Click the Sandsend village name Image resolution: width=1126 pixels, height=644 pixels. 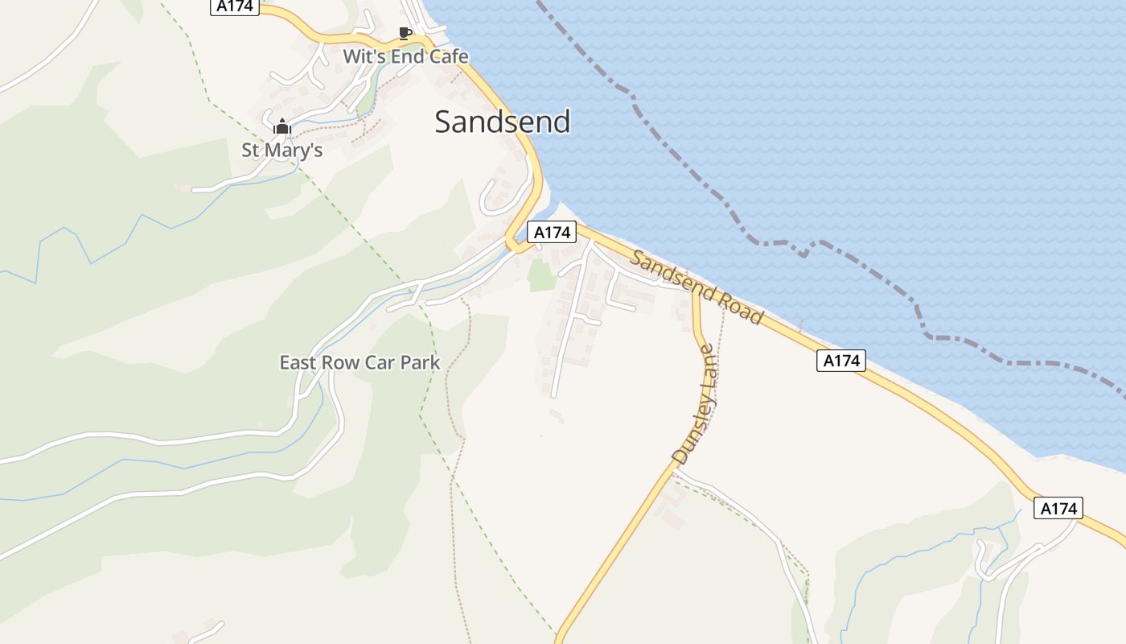[x=502, y=122]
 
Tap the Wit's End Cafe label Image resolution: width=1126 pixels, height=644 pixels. [x=405, y=56]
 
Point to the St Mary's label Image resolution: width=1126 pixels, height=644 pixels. [x=282, y=150]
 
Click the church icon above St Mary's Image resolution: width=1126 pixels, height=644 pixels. [x=282, y=126]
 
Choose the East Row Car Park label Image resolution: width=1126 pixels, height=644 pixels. [x=360, y=362]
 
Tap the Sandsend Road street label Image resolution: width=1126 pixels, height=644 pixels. [x=697, y=287]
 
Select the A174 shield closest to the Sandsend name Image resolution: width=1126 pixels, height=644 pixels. [x=552, y=233]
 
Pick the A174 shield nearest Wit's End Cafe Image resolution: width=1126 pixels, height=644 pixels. [x=235, y=7]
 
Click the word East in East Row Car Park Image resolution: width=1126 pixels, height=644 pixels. [x=298, y=362]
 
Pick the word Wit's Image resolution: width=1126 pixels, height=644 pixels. [x=360, y=56]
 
